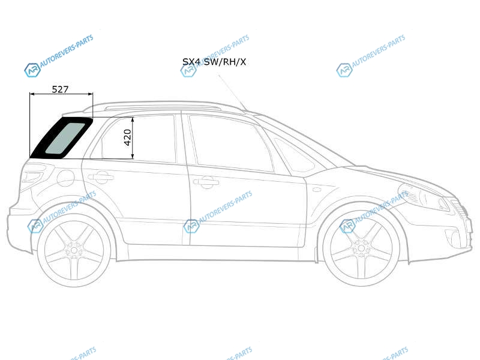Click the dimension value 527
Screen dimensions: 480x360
[x=60, y=89]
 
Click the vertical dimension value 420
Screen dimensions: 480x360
[x=127, y=137]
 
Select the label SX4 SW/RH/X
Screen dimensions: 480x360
[x=214, y=62]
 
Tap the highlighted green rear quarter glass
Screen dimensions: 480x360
[x=65, y=138]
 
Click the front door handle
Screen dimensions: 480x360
[x=206, y=182]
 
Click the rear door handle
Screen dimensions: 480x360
[x=101, y=177]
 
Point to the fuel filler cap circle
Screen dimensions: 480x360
[x=65, y=178]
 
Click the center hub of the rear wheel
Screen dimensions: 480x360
[x=74, y=250]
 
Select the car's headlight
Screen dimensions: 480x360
[x=424, y=196]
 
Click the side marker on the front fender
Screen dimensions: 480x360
[x=317, y=190]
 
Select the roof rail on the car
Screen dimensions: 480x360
[x=162, y=107]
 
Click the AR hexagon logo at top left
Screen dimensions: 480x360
[x=32, y=70]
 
